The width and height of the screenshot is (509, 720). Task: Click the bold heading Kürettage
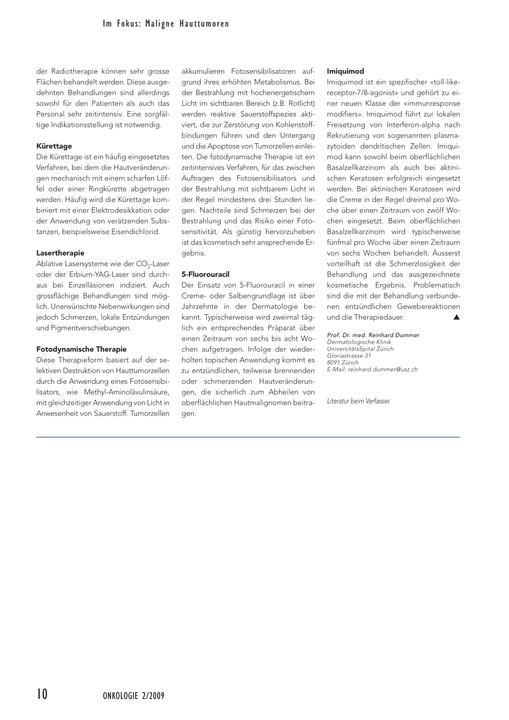tap(54, 146)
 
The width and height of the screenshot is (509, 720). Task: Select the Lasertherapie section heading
tap(60, 253)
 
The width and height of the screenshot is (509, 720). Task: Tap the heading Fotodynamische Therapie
tap(82, 349)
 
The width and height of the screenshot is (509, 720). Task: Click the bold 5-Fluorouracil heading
tap(205, 274)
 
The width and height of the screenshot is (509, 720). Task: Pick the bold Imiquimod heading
tap(345, 72)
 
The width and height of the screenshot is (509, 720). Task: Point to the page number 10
tap(42, 694)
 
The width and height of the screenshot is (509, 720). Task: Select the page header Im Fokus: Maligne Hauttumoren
tap(166, 24)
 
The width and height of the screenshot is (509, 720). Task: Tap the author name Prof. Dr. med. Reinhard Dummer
tap(373, 335)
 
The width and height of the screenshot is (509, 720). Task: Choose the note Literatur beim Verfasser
tap(358, 401)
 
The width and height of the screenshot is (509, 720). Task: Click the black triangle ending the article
tap(456, 317)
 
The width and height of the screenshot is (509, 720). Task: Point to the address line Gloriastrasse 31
tap(349, 356)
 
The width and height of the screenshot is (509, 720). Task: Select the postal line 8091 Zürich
tap(343, 362)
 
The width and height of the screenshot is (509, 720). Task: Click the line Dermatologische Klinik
tap(359, 342)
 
